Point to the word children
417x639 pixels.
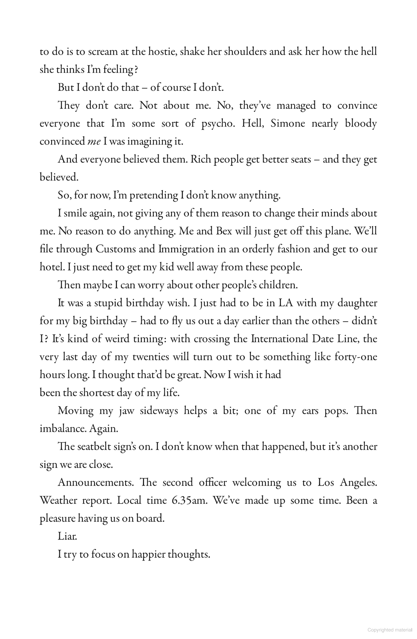pyautogui.click(x=277, y=285)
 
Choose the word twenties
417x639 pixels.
pyautogui.click(x=151, y=357)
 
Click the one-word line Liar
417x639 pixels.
pyautogui.click(x=67, y=536)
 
